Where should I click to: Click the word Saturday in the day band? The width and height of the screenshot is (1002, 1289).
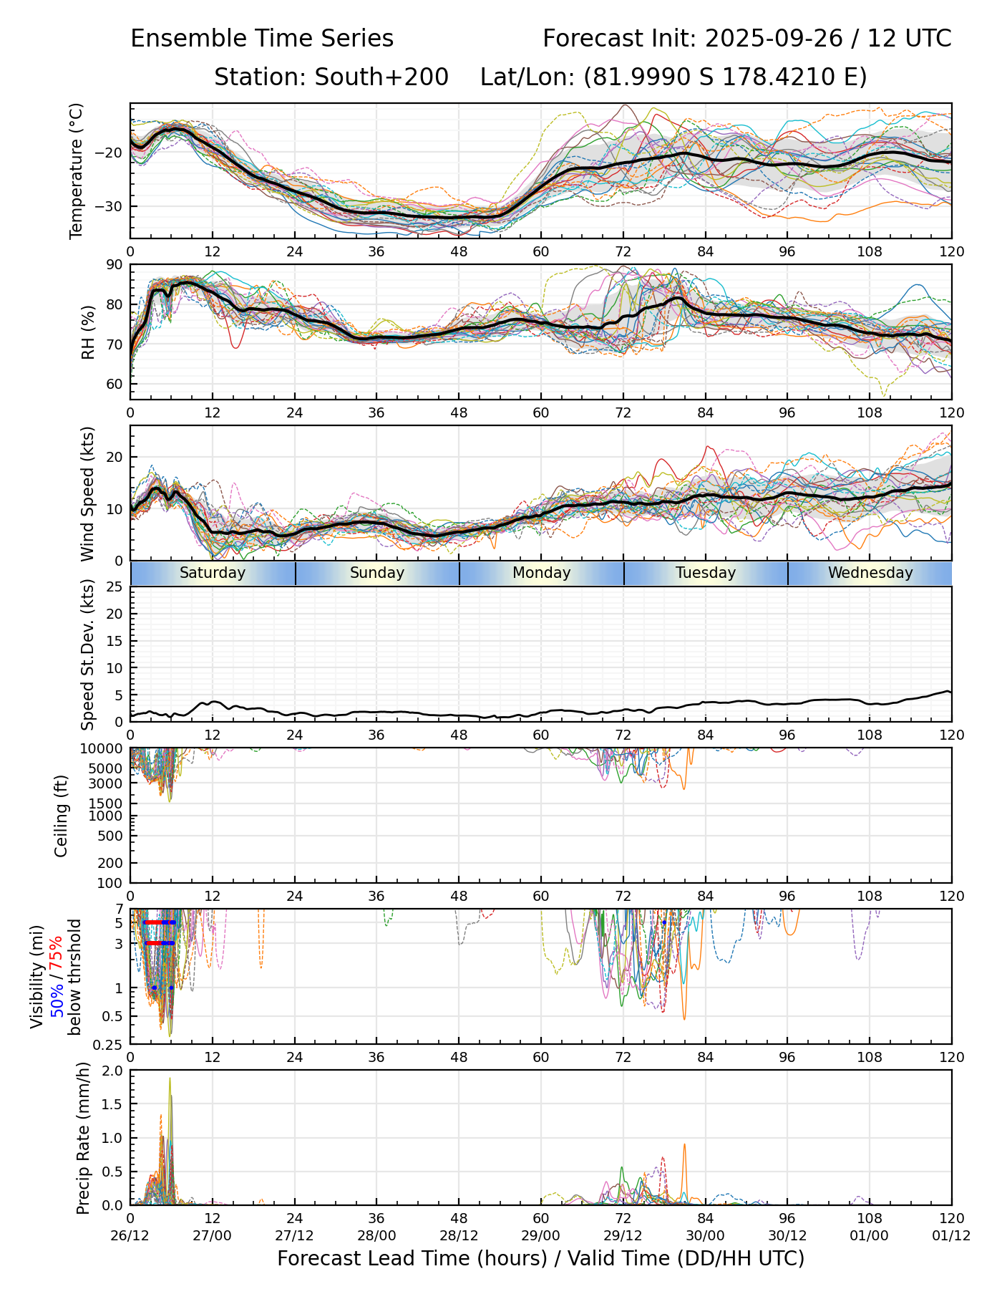coord(213,573)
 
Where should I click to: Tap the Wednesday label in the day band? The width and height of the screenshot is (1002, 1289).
coord(870,573)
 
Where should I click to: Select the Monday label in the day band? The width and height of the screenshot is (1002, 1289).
coord(542,573)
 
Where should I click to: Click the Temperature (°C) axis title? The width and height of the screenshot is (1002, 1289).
coord(77,170)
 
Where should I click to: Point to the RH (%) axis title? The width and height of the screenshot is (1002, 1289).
coord(89,332)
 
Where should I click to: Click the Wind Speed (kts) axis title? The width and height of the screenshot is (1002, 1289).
coord(88,493)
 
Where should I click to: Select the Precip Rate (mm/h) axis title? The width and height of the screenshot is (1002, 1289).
coord(84,1137)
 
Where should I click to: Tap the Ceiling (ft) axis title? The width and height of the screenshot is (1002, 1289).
coord(62,816)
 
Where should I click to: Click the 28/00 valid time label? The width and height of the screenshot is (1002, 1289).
coord(377,1235)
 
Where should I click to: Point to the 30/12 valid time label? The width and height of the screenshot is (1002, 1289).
coord(788,1235)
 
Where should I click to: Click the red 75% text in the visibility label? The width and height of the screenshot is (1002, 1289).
coord(56,958)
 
